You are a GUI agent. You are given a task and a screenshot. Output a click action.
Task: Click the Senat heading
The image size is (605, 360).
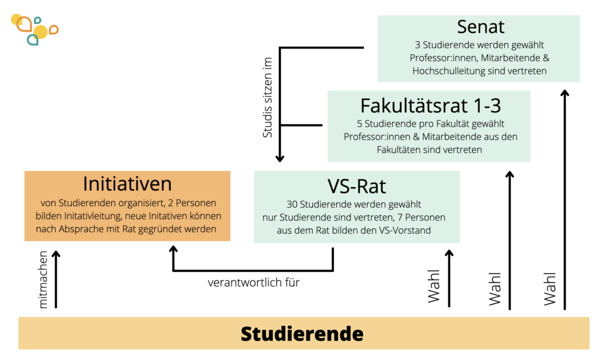[480, 27]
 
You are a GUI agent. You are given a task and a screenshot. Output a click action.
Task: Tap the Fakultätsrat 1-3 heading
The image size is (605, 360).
[431, 105]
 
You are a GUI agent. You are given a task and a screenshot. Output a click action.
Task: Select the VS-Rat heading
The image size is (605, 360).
[356, 186]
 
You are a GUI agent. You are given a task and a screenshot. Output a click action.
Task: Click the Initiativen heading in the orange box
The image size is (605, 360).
[128, 184]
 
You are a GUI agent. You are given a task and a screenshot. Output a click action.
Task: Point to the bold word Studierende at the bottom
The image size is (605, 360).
[302, 334]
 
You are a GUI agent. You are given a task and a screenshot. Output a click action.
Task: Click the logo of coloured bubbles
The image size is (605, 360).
[34, 30]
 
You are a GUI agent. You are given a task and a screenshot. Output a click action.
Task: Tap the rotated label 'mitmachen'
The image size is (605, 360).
[43, 280]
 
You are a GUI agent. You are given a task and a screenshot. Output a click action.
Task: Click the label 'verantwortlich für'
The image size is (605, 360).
[253, 283]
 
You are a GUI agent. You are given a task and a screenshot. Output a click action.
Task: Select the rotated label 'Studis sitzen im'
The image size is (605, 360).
[268, 97]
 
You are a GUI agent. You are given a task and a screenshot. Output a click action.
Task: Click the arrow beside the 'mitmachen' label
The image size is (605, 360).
[56, 280]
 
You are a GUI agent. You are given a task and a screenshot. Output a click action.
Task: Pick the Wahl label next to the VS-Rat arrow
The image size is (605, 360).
[434, 286]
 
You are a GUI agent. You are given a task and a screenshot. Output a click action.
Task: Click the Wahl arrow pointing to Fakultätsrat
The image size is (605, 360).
[510, 241]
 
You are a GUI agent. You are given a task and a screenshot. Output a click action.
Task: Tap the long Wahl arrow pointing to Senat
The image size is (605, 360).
[565, 200]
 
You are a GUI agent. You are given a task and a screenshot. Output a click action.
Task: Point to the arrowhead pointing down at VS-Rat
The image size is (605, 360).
[279, 158]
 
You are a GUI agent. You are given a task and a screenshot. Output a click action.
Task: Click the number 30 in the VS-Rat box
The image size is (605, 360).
[292, 204]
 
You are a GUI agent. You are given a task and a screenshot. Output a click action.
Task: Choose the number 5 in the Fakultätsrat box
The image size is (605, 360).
[360, 124]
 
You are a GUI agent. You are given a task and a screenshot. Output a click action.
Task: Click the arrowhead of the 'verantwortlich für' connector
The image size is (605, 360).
[173, 249]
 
